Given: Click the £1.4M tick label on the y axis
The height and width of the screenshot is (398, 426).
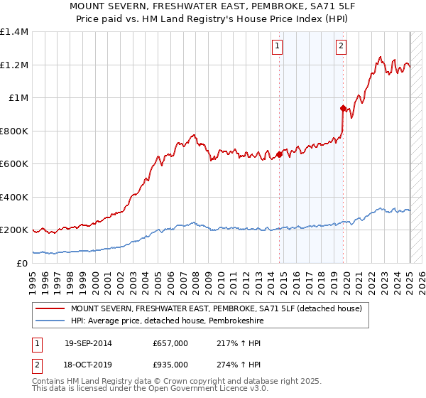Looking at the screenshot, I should click(14, 32).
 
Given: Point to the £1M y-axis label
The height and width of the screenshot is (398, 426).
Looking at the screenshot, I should click(18, 98).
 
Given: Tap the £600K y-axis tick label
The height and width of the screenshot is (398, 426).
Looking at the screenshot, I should click(14, 164).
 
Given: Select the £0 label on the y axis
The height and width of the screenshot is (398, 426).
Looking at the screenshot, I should click(22, 263).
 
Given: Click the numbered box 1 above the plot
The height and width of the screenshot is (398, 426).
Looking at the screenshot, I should click(277, 47).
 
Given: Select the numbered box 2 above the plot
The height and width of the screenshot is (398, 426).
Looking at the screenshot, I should click(341, 47).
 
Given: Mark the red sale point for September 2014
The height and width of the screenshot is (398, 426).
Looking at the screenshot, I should click(279, 154).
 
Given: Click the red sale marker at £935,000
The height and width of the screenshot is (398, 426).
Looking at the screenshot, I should click(342, 109).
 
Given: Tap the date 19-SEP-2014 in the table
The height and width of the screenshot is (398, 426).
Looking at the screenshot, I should click(88, 343).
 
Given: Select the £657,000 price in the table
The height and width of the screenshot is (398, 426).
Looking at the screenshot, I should click(170, 343).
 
